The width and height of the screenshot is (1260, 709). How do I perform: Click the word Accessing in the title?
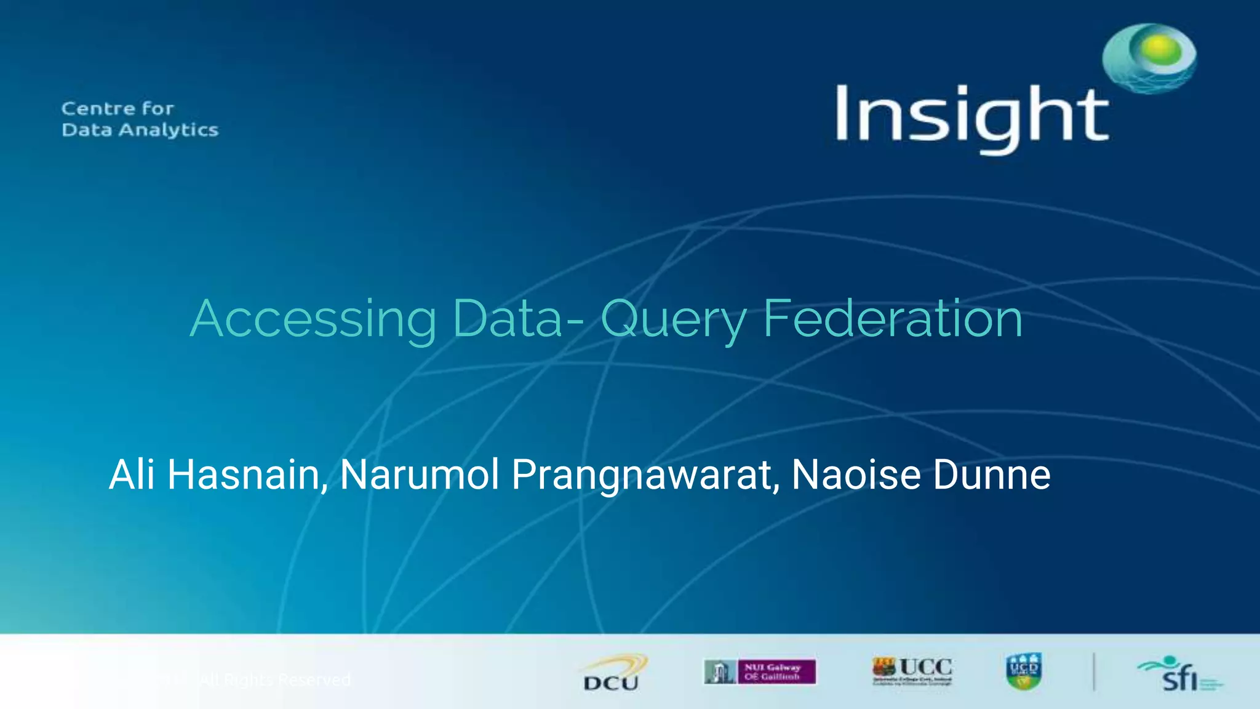313,319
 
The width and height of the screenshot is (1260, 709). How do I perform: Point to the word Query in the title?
674,320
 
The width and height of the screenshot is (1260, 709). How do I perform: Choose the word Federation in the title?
893,319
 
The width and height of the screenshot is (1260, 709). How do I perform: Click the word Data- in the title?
517,319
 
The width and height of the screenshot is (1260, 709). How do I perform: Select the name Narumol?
419,475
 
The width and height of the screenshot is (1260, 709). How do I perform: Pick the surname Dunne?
992,475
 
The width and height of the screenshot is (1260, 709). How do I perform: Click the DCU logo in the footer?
613,673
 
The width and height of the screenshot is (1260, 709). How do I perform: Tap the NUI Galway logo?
760,671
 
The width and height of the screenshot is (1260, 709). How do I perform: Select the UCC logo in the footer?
912,670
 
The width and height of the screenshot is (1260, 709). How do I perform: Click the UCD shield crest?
1024,671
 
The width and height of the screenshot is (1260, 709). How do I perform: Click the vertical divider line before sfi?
1094,671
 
